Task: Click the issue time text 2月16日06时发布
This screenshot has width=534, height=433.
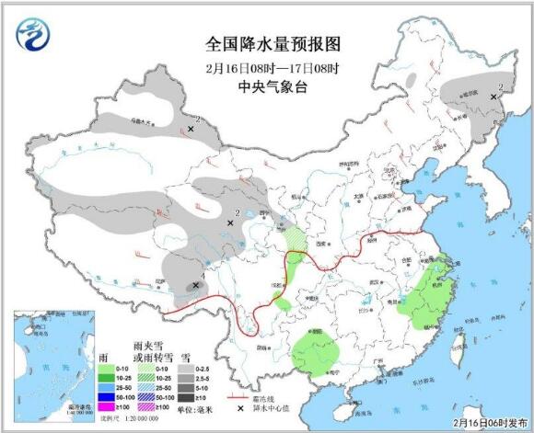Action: point(487,417)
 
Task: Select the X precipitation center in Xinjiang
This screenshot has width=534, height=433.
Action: point(191,130)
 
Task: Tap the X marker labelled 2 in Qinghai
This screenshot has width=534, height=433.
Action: point(230,222)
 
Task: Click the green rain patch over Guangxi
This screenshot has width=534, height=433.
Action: point(314,355)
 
